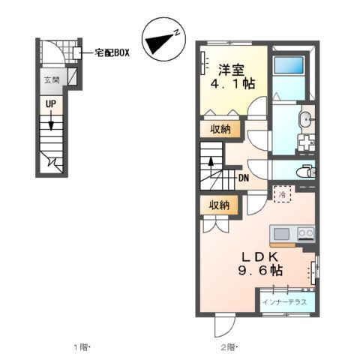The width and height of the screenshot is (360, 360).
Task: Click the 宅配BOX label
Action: pos(112,53)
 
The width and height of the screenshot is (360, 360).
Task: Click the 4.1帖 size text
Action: pos(232,84)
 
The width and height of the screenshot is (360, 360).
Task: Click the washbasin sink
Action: pos(307,119)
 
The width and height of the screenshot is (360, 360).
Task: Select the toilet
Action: pos(306,171)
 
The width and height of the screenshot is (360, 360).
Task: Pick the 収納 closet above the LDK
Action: pos(220,205)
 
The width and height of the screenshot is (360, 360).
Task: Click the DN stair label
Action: pos(244,178)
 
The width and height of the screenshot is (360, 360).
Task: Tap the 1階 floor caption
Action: pos(82,346)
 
